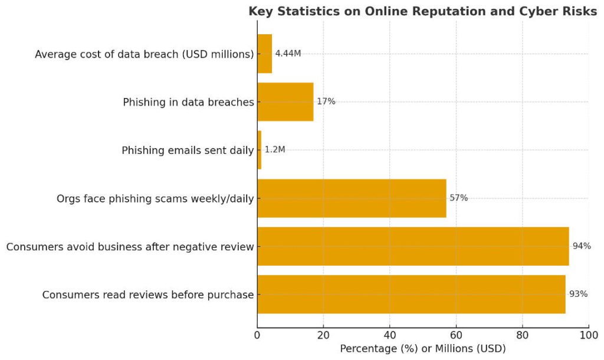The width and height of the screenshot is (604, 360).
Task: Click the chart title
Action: [x=422, y=12]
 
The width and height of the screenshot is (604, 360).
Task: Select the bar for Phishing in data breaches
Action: [x=285, y=102]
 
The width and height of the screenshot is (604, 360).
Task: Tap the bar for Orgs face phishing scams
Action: [x=352, y=198]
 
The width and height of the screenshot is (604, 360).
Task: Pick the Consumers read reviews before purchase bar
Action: [x=411, y=294]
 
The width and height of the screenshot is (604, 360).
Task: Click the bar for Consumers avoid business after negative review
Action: [x=413, y=246]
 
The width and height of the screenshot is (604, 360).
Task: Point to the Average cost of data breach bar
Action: [x=265, y=54]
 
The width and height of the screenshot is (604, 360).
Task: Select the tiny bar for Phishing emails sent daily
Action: [x=259, y=150]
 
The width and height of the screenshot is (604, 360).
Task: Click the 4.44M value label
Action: [x=288, y=54]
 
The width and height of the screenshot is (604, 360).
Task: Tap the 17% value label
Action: [x=326, y=102]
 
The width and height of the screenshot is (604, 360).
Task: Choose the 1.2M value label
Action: [x=275, y=150]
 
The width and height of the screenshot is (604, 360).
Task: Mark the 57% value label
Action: [x=458, y=198]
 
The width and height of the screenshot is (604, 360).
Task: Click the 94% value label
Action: [x=581, y=246]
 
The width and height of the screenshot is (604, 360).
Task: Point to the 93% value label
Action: [x=578, y=294]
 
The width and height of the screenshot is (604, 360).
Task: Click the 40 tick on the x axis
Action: [x=389, y=336]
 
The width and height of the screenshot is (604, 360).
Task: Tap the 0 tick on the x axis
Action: [x=257, y=336]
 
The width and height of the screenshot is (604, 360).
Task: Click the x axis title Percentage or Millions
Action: [x=422, y=349]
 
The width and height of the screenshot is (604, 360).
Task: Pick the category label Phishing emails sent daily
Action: [x=188, y=150]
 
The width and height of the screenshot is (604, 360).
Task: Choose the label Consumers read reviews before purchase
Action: [x=147, y=294]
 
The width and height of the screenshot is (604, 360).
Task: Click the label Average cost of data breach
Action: [x=144, y=54]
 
